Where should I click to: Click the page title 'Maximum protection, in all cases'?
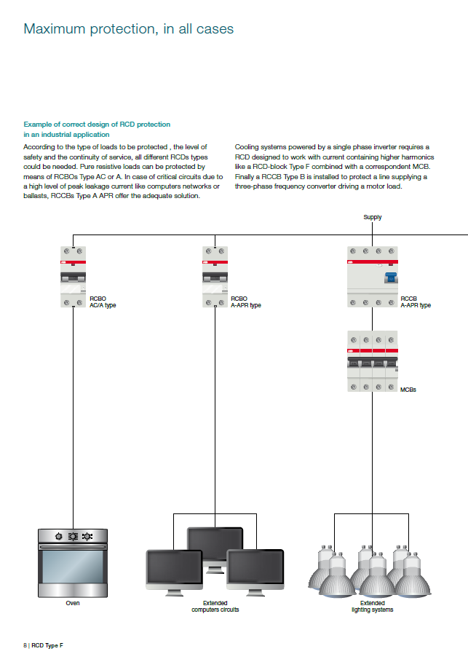[129, 29]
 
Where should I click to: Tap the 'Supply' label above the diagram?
[372, 217]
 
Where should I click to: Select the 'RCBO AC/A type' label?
[102, 302]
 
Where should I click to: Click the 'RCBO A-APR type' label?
[245, 302]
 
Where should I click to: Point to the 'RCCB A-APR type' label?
[416, 302]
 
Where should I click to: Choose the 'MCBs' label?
[408, 390]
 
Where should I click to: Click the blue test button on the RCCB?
[390, 277]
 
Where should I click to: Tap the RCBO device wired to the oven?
[73, 276]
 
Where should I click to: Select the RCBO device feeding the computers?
[215, 276]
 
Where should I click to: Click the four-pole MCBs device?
[372, 361]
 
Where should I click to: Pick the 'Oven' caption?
[73, 603]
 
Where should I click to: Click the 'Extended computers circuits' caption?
[215, 606]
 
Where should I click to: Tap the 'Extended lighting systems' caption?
[372, 606]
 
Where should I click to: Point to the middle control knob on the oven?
[73, 537]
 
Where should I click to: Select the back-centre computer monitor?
[215, 542]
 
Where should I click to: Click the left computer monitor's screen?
[175, 566]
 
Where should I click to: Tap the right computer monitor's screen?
[255, 566]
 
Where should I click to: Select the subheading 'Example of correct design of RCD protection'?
[97, 125]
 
